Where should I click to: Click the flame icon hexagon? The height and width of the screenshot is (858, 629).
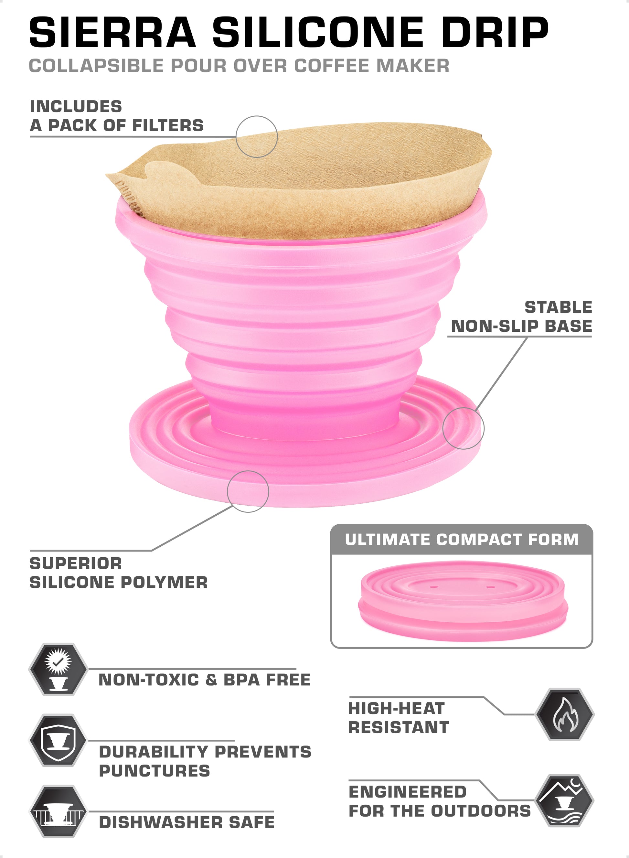565,714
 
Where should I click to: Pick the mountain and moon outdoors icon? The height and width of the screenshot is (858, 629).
565,800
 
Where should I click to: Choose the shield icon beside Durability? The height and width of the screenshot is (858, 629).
58,740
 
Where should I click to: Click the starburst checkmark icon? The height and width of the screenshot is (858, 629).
58,669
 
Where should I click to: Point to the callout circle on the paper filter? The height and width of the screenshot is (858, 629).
257,137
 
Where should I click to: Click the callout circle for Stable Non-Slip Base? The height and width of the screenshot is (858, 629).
464,428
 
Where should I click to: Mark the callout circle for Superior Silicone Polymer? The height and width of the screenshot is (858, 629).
248,491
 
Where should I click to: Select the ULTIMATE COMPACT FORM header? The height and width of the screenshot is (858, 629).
462,540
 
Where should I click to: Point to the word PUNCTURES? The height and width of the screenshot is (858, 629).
154,771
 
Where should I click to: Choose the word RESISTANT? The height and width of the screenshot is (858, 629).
399,728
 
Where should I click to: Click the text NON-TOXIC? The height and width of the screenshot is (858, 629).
148,680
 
